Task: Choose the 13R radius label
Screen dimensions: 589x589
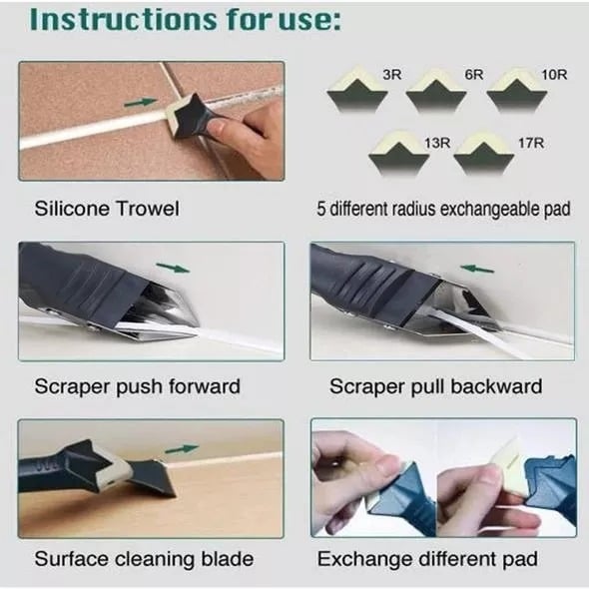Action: tap(437, 143)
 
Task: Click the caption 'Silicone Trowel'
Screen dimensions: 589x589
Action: tap(107, 210)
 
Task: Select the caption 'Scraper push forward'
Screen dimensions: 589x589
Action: tap(137, 386)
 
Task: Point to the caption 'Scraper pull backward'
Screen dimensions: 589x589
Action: tap(435, 386)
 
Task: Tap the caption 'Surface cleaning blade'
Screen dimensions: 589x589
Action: tap(144, 558)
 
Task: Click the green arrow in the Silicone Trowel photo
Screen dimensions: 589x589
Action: tap(144, 102)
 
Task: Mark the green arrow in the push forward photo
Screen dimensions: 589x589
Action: tap(174, 268)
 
